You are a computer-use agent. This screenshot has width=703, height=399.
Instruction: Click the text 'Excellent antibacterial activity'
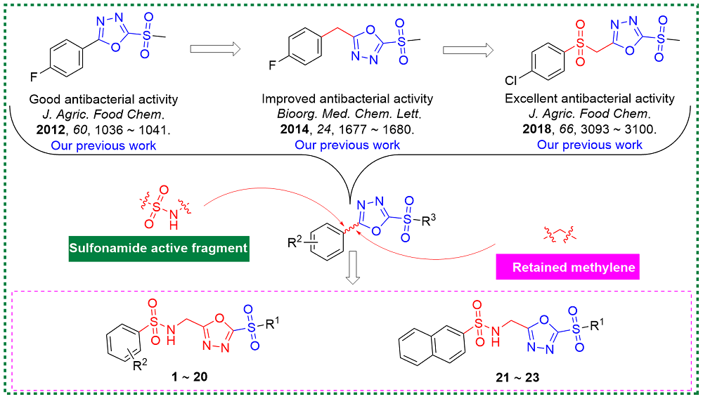(x=589, y=98)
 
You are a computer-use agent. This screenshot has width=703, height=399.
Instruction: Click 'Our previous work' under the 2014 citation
(x=347, y=145)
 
